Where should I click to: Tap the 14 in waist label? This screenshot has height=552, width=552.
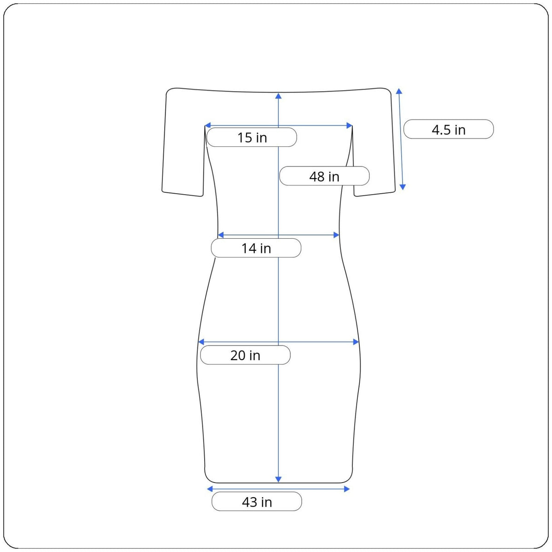point(256,248)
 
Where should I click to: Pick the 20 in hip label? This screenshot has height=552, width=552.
point(245,355)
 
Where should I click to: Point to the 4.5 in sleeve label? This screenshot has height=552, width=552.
point(448,129)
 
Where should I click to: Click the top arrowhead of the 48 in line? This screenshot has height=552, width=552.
point(278,96)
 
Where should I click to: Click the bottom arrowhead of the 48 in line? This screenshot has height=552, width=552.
point(278,479)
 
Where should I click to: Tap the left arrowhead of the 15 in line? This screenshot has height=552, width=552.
point(207,126)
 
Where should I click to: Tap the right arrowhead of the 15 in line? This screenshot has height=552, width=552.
point(349,126)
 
